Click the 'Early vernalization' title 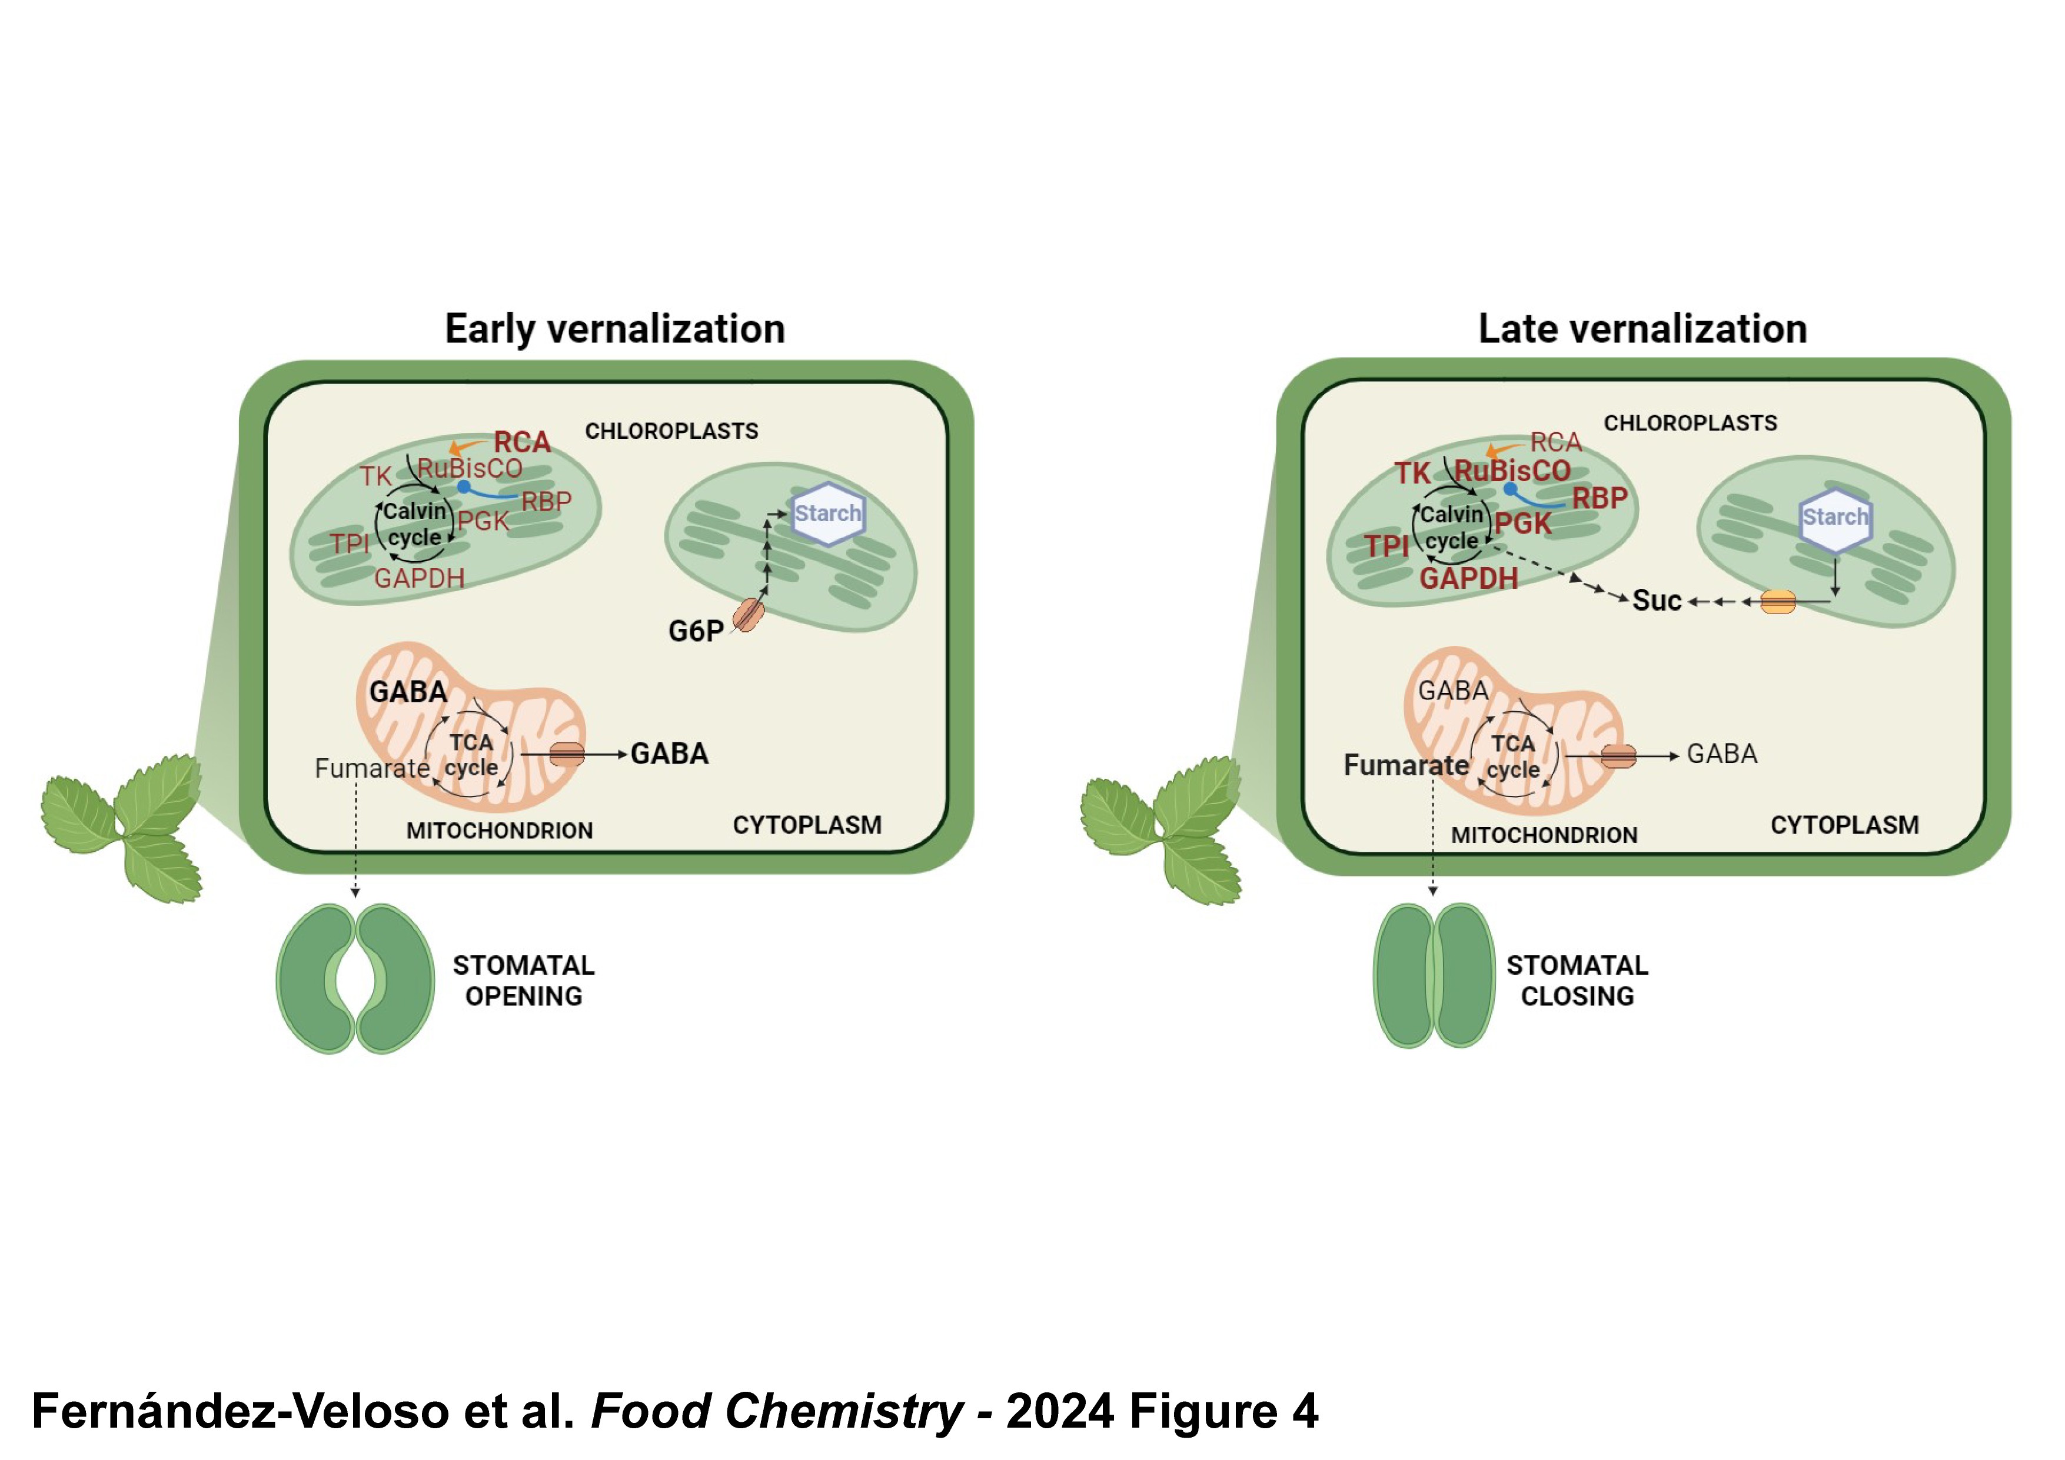(x=614, y=329)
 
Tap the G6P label (x=695, y=631)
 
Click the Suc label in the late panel (x=1656, y=601)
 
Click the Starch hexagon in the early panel (x=827, y=514)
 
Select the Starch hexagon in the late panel (x=1835, y=518)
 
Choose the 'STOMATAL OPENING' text (x=523, y=981)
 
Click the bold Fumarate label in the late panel (x=1406, y=765)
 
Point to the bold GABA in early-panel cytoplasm (x=669, y=754)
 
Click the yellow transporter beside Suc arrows (x=1777, y=601)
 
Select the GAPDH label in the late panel (x=1468, y=578)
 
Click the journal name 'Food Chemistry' (x=776, y=1411)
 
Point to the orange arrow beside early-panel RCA (x=464, y=446)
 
